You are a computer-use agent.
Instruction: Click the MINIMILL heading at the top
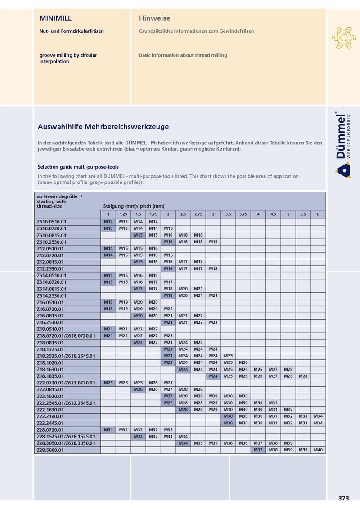(x=56, y=18)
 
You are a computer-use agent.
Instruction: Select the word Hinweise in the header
(x=154, y=18)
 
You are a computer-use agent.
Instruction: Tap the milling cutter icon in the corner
(x=343, y=37)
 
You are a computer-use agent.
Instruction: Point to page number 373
(x=343, y=498)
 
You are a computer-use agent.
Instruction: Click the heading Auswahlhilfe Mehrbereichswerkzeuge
(x=103, y=127)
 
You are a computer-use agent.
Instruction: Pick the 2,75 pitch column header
(x=198, y=214)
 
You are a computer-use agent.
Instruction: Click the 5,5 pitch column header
(x=303, y=214)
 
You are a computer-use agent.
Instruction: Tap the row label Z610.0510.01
(x=51, y=222)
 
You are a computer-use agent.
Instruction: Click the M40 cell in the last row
(x=318, y=450)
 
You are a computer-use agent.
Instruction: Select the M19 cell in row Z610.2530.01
(x=213, y=242)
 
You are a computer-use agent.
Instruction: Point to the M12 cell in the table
(x=108, y=222)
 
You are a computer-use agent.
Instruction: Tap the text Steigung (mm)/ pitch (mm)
(x=134, y=206)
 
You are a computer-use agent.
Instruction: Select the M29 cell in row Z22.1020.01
(x=213, y=396)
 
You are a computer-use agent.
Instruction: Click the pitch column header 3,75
(x=243, y=214)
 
